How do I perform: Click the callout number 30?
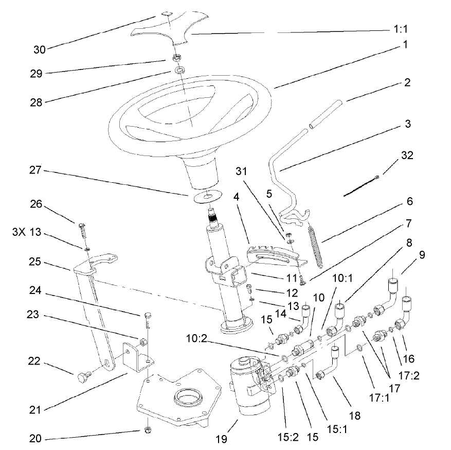click(x=39, y=49)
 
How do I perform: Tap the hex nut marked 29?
click(x=175, y=58)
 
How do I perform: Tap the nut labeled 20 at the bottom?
click(x=147, y=429)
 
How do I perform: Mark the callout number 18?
click(x=340, y=415)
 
